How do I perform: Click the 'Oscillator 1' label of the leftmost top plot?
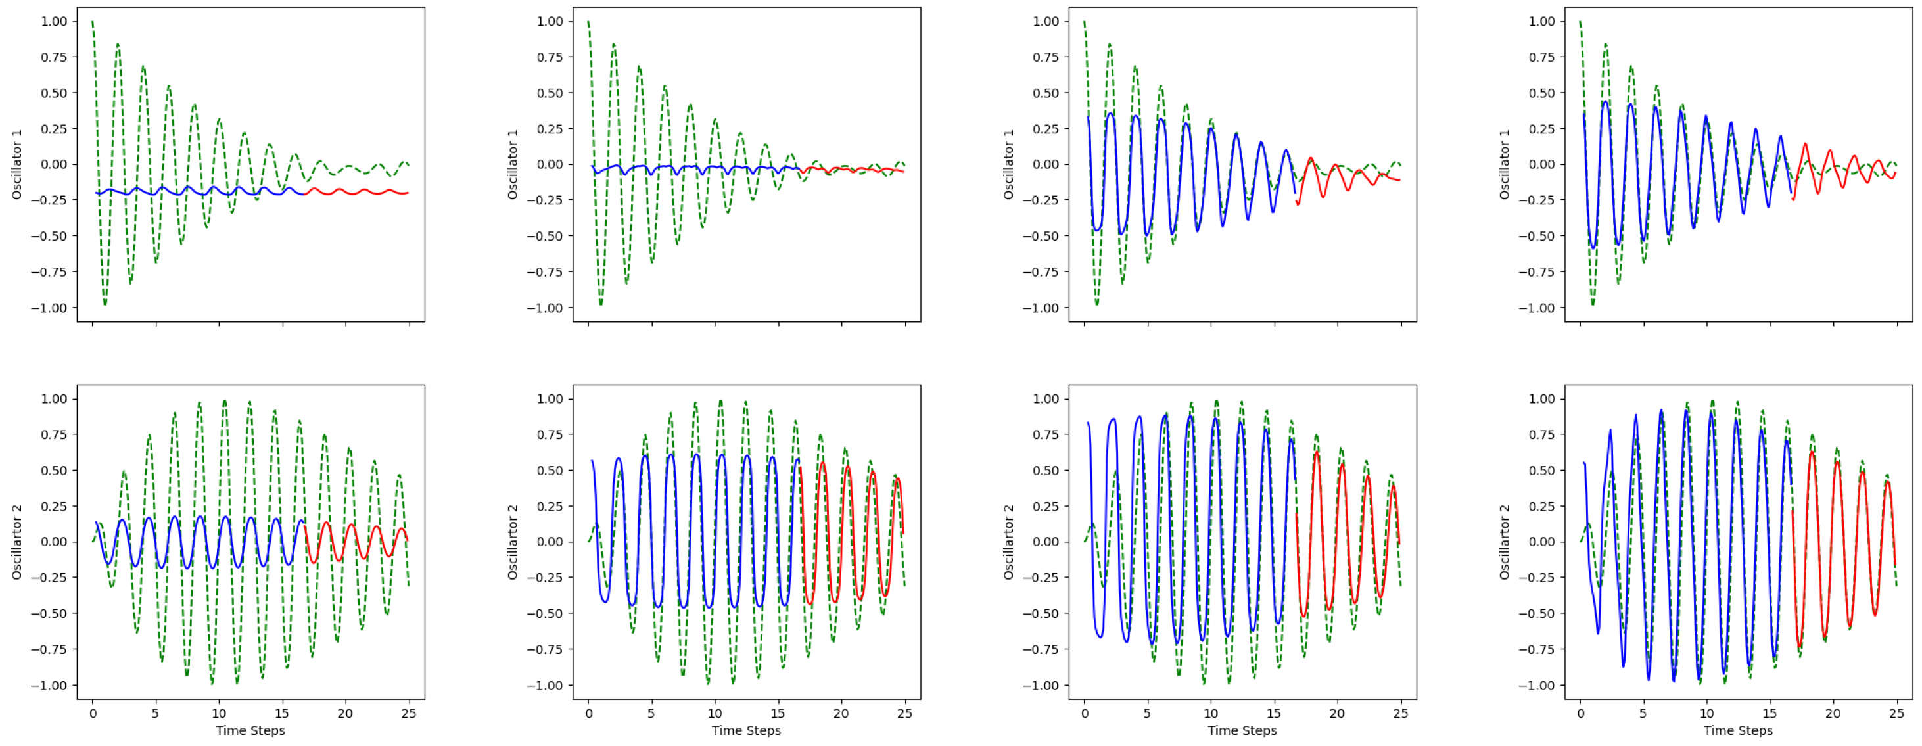click(x=16, y=164)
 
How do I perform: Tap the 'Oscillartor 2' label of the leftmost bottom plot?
click(x=16, y=542)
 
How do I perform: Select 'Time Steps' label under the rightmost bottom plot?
click(x=1738, y=730)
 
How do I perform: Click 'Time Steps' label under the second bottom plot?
click(x=746, y=730)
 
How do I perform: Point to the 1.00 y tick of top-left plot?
click(x=54, y=22)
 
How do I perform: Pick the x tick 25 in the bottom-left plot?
click(x=408, y=713)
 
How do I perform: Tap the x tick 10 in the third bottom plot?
click(x=1211, y=713)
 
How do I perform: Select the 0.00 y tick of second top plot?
click(x=550, y=165)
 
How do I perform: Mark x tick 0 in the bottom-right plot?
click(x=1580, y=713)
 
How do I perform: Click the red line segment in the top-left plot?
click(x=358, y=192)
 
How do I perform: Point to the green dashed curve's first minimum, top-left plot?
click(x=105, y=304)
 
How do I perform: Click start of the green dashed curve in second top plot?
click(x=589, y=22)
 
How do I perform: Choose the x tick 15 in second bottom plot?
click(x=778, y=713)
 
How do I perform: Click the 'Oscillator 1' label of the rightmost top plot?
click(x=1505, y=164)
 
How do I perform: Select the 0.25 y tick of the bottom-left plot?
click(x=54, y=507)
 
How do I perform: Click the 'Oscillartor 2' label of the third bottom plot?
click(x=1009, y=542)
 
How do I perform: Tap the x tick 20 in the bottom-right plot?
click(x=1833, y=713)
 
